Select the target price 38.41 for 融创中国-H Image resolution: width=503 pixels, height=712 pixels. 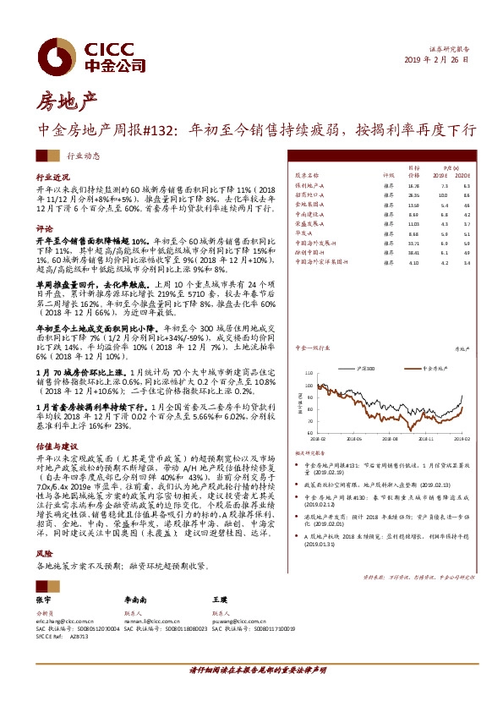coord(413,252)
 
